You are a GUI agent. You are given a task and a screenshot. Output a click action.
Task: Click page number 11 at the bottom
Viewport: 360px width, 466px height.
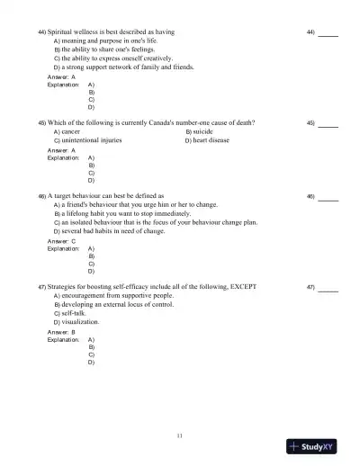[x=180, y=435]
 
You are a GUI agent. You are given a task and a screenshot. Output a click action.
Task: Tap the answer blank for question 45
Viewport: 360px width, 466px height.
[x=328, y=123]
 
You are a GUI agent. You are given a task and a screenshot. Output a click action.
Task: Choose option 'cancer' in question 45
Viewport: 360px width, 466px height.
[x=70, y=131]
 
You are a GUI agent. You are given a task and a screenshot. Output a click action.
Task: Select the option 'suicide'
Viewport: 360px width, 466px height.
[x=202, y=131]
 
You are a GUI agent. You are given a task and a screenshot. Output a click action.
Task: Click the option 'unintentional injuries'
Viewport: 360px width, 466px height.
[x=91, y=140]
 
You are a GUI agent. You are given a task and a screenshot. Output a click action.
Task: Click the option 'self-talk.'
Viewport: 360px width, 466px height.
[x=77, y=313]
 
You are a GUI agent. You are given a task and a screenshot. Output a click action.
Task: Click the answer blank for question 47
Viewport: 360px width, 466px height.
[x=328, y=288]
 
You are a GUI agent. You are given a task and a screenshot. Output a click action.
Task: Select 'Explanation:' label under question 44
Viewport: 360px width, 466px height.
[x=63, y=85]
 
